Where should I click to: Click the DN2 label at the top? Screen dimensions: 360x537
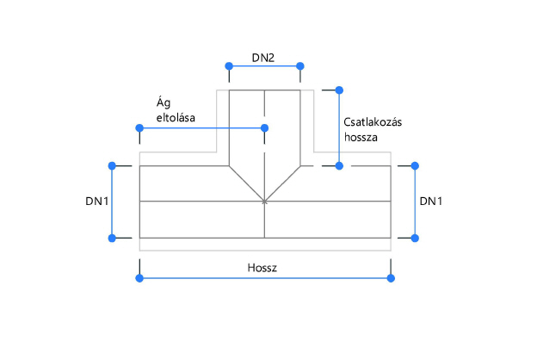(263, 59)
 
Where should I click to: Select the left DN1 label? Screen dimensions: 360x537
(96, 201)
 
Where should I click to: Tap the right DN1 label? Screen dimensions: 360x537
(431, 201)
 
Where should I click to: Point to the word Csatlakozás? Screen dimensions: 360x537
(373, 122)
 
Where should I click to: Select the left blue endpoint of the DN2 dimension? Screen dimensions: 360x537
(228, 66)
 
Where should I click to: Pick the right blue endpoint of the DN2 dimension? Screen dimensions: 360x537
(300, 66)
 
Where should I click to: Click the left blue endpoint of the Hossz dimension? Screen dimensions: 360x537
(139, 277)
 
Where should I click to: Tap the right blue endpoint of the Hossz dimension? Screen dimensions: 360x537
(391, 277)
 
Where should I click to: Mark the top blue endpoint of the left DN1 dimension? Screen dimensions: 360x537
(111, 164)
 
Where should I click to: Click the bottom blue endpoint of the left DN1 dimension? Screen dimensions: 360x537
(111, 238)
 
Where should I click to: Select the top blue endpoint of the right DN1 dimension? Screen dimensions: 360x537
(415, 164)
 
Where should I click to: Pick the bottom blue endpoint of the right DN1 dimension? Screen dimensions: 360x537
(415, 238)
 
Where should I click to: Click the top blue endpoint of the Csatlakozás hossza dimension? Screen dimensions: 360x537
(339, 89)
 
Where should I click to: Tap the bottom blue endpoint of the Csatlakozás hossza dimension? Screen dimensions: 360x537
(339, 164)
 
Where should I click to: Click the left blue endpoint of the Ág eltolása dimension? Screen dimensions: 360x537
(139, 128)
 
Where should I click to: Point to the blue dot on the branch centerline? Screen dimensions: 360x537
(264, 128)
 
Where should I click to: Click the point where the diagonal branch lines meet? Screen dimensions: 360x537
(264, 202)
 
